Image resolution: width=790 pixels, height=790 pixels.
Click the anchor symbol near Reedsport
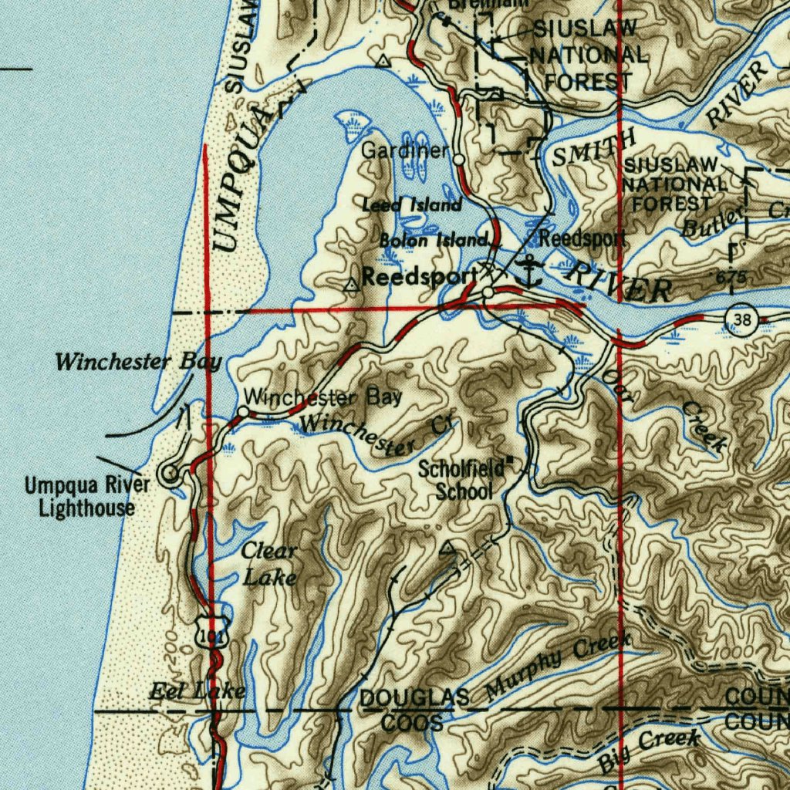(529, 272)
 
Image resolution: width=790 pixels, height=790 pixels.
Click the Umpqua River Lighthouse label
(87, 497)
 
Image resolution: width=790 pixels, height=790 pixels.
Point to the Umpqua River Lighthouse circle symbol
(170, 474)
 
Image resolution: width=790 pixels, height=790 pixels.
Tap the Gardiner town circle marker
(459, 159)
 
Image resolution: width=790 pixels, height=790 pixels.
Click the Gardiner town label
(404, 150)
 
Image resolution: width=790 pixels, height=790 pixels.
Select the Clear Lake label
(268, 563)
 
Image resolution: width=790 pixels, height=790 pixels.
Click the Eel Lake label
(197, 690)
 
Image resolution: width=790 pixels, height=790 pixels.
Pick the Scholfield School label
(464, 480)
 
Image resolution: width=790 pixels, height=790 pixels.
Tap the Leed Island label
(412, 205)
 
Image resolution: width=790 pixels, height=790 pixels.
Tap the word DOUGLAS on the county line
(414, 698)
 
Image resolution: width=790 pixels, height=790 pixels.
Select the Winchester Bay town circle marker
(243, 412)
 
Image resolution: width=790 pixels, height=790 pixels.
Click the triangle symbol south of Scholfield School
(447, 550)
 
